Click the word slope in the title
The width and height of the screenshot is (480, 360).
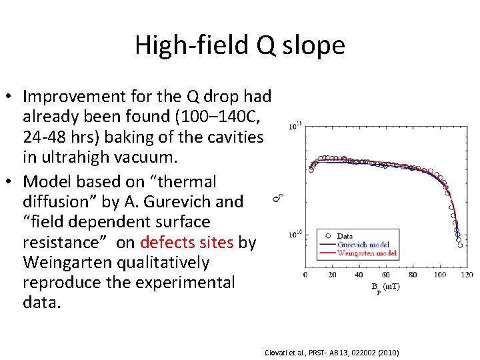point(317,45)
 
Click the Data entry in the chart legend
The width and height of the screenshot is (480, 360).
point(345,236)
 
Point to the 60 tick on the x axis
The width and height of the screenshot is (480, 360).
point(386,275)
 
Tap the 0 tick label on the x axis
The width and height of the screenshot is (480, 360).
point(305,275)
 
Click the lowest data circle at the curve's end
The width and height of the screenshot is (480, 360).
point(460,245)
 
